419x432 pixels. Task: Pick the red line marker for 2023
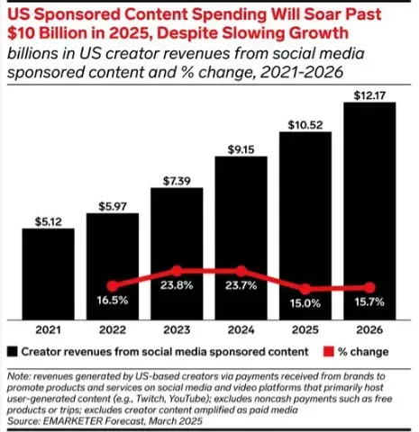tap(177, 270)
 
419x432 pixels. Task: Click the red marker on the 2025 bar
tap(305, 289)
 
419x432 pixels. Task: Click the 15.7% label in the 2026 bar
tap(370, 302)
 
